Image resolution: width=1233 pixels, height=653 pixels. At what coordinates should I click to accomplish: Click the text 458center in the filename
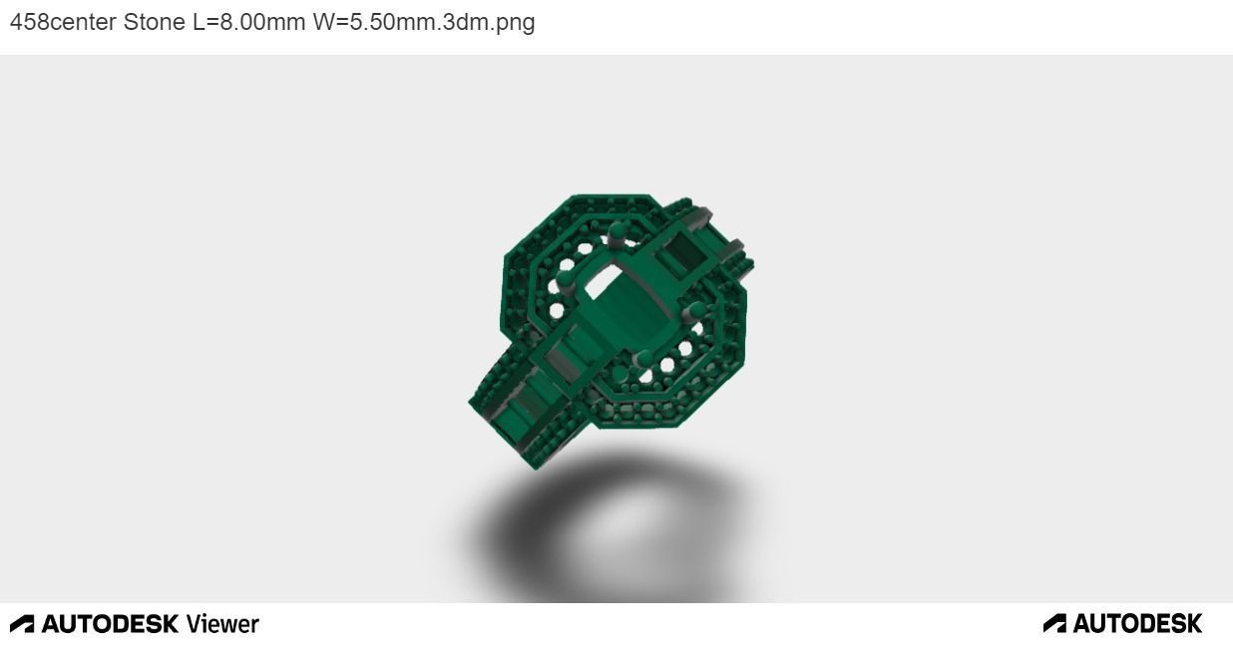[x=63, y=22]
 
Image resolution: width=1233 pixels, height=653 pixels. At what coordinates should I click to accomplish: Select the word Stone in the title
[x=155, y=22]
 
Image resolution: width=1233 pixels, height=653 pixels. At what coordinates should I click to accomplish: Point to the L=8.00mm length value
[x=248, y=22]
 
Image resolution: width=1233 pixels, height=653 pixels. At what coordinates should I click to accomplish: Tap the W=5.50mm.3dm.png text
[x=424, y=22]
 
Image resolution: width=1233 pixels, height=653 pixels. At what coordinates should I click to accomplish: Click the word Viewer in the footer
[x=222, y=624]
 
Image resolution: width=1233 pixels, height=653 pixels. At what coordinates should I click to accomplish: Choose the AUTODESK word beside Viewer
[x=110, y=624]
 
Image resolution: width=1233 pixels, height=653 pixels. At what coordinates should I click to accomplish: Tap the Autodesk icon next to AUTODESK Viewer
[x=22, y=624]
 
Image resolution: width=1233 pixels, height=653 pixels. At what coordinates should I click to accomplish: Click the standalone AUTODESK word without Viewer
[x=1137, y=624]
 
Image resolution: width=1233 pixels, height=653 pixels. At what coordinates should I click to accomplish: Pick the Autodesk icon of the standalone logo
[x=1054, y=624]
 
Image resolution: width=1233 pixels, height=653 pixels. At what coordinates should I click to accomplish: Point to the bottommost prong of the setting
[x=644, y=360]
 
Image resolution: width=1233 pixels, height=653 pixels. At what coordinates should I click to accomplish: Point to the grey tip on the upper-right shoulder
[x=739, y=249]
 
